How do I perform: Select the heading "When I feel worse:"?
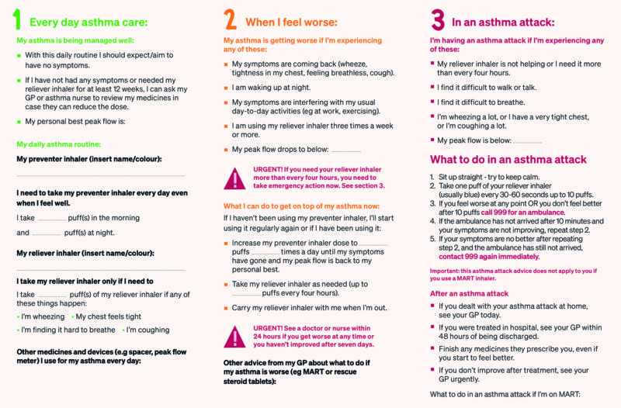pos(291,22)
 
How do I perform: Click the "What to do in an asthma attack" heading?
pos(508,160)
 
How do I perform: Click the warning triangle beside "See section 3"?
pos(234,178)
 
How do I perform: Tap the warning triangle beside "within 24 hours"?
pos(234,336)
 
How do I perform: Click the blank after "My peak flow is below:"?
pos(527,140)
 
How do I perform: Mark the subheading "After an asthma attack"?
pos(470,293)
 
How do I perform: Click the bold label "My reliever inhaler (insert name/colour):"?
pos(85,253)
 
